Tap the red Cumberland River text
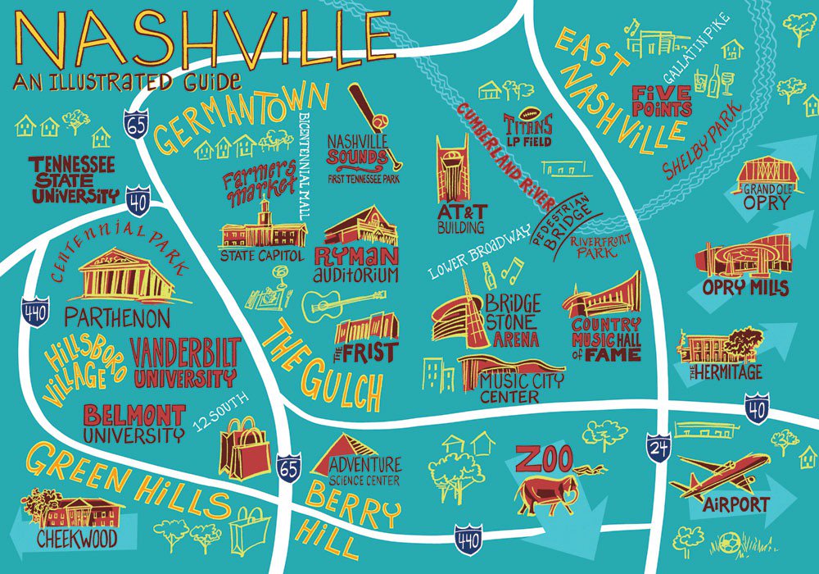coord(508,156)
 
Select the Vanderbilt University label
coord(184,361)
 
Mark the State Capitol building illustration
coord(262,230)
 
